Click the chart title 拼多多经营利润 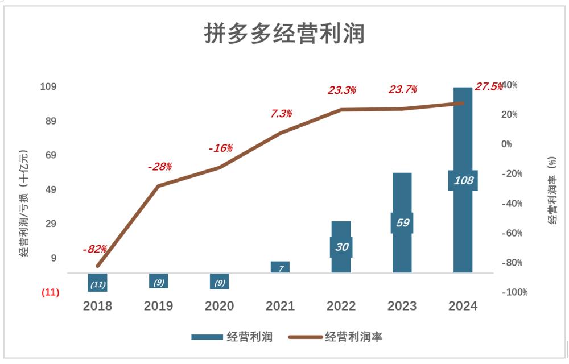click(284, 34)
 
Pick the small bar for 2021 click(280, 267)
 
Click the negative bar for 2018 click(98, 283)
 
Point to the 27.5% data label click(489, 87)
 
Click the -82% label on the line click(94, 249)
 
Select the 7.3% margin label click(281, 114)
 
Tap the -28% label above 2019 click(159, 167)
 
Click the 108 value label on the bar click(463, 181)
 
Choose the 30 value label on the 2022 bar click(342, 247)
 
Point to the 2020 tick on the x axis click(219, 307)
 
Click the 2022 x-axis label click(341, 307)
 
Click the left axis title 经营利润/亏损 click(23, 205)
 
